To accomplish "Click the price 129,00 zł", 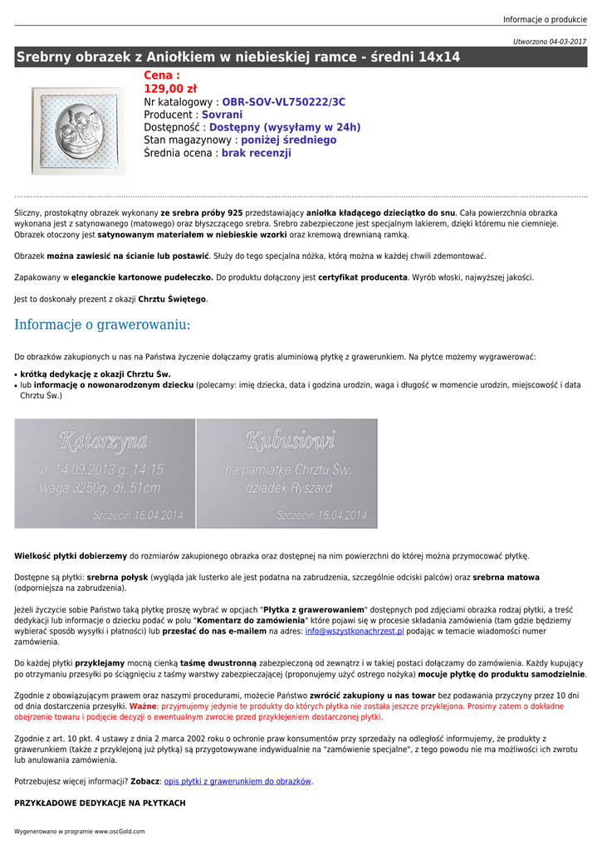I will pyautogui.click(x=170, y=89).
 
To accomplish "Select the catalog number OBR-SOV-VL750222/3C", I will pyautogui.click(x=284, y=102).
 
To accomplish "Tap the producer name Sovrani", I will pyautogui.click(x=223, y=115).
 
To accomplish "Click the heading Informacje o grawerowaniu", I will pyautogui.click(x=102, y=325).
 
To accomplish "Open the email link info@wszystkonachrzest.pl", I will pyautogui.click(x=355, y=632).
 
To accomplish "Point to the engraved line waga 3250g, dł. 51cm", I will pyautogui.click(x=98, y=488).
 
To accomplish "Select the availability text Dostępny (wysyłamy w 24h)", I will pyautogui.click(x=285, y=127).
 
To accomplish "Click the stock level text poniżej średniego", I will pyautogui.click(x=289, y=140).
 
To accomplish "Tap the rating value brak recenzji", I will pyautogui.click(x=257, y=153).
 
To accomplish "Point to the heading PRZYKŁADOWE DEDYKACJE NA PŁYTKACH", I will pyautogui.click(x=100, y=804).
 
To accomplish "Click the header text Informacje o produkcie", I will pyautogui.click(x=545, y=19).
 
